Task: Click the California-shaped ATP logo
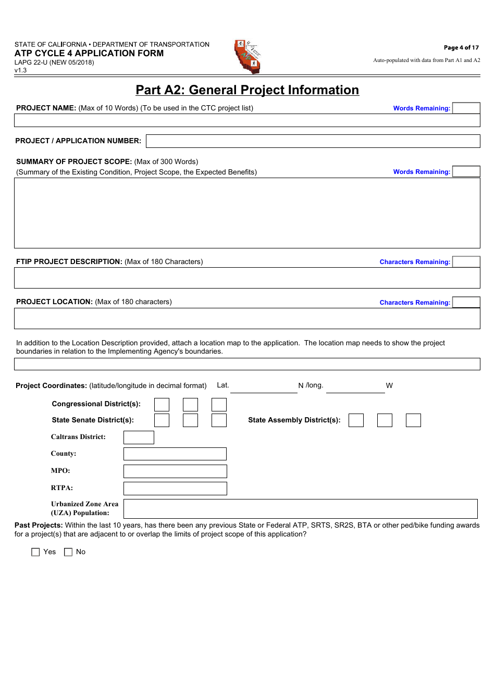point(247,57)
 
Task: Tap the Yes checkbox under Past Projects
point(35,552)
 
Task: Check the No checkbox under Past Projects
point(68,552)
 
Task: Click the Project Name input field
point(247,120)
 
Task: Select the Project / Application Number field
point(313,141)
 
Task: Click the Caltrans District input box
point(139,438)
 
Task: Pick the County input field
point(175,454)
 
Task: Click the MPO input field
point(175,471)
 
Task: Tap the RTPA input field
point(175,489)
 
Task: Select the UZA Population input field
point(300,509)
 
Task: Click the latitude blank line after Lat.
point(264,386)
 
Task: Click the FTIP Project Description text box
point(247,278)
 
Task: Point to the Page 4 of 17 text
point(461,47)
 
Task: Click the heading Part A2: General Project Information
point(247,90)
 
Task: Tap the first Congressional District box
point(162,405)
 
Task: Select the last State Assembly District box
point(413,420)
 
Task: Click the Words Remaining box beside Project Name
point(466,108)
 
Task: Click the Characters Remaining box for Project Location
point(466,303)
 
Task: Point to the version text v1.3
point(21,70)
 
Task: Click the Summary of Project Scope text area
point(247,213)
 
